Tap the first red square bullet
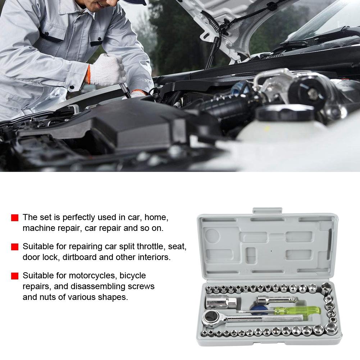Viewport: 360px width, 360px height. coord(15,218)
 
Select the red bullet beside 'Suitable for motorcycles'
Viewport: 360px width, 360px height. coord(15,276)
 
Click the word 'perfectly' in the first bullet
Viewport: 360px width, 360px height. coord(78,218)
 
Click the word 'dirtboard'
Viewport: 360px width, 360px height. coord(78,257)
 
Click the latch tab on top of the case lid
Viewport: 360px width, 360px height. coord(267,210)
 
